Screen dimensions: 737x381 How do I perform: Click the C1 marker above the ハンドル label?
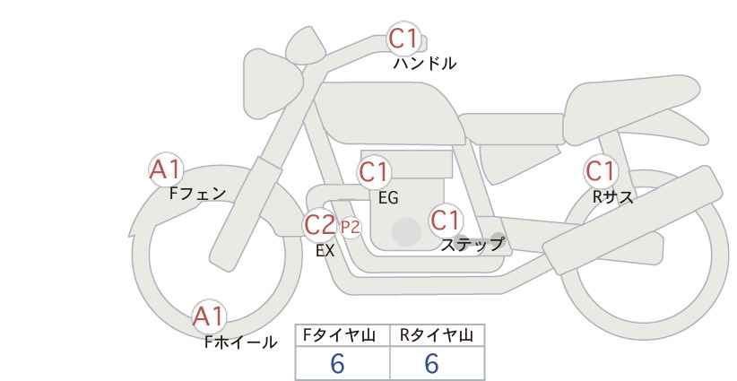pyautogui.click(x=403, y=39)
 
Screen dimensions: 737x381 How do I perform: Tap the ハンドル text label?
pyautogui.click(x=424, y=63)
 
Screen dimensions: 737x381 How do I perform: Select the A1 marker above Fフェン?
pyautogui.click(x=165, y=169)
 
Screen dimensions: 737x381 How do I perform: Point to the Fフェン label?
pyautogui.click(x=197, y=194)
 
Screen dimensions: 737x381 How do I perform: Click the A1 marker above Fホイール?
pyautogui.click(x=209, y=317)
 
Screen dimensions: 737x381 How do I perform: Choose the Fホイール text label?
pyautogui.click(x=240, y=342)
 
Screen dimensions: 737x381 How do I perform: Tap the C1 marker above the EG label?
pyautogui.click(x=374, y=172)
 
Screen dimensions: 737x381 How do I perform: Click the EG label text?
pyautogui.click(x=388, y=198)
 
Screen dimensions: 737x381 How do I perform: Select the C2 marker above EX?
pyautogui.click(x=319, y=224)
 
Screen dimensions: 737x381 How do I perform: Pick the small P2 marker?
pyautogui.click(x=351, y=228)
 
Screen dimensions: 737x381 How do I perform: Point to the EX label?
pyautogui.click(x=325, y=251)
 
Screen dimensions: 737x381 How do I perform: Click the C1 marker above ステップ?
pyautogui.click(x=446, y=220)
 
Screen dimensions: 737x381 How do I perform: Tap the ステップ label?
pyautogui.click(x=472, y=245)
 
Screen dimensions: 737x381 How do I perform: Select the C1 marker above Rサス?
pyautogui.click(x=601, y=171)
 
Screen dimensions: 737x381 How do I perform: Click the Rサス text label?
pyautogui.click(x=612, y=197)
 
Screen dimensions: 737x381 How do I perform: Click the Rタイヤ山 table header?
pyautogui.click(x=438, y=335)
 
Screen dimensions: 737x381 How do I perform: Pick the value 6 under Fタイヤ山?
pyautogui.click(x=337, y=363)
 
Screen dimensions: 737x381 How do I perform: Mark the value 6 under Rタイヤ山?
pyautogui.click(x=431, y=363)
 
